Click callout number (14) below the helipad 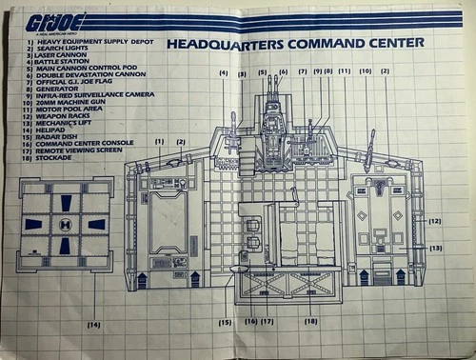coord(93,326)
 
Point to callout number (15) coord(226,322)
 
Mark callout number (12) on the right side coord(435,221)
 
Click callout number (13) coord(435,248)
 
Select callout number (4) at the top coord(223,72)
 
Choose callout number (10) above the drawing coord(365,71)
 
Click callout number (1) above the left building coord(160,142)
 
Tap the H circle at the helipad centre coord(66,225)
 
